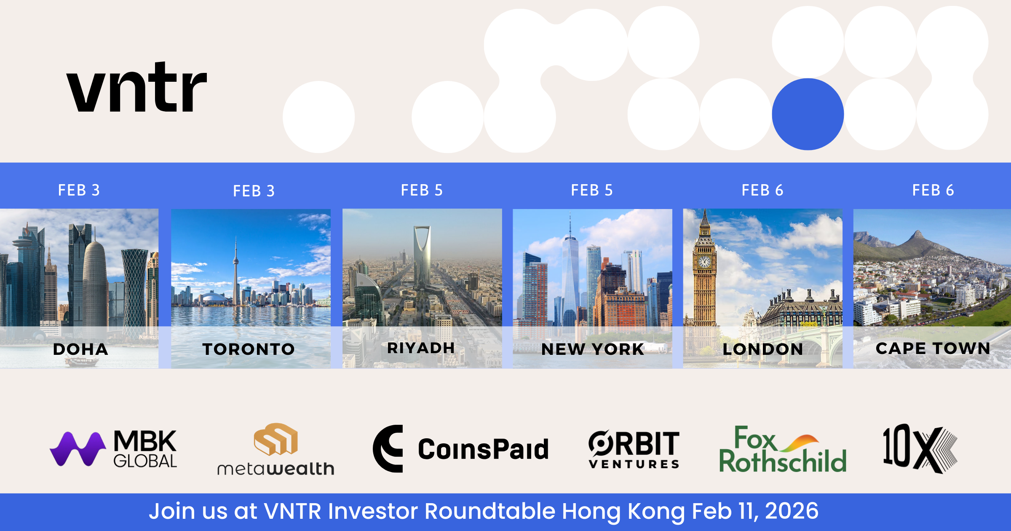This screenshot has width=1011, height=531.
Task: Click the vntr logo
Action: (137, 87)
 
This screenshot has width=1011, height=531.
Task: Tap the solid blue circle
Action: (808, 114)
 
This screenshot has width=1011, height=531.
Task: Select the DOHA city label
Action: (80, 349)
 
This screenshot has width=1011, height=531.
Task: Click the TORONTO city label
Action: (249, 349)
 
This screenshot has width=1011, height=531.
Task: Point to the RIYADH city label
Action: (421, 348)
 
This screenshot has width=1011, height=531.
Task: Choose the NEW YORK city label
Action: (593, 349)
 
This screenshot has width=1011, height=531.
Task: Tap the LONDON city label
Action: (763, 349)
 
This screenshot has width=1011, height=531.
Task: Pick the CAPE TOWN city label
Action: (933, 348)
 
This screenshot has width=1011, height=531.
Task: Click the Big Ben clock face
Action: (704, 262)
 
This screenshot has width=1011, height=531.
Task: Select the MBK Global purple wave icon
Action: (78, 449)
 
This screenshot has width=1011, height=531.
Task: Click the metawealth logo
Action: (276, 449)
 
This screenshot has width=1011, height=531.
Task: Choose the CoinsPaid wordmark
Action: (483, 449)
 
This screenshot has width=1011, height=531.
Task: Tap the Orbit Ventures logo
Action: (634, 449)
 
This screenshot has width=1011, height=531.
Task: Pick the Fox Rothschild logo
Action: (783, 449)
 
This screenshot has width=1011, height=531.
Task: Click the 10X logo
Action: (920, 448)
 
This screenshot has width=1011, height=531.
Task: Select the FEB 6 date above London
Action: (762, 190)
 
